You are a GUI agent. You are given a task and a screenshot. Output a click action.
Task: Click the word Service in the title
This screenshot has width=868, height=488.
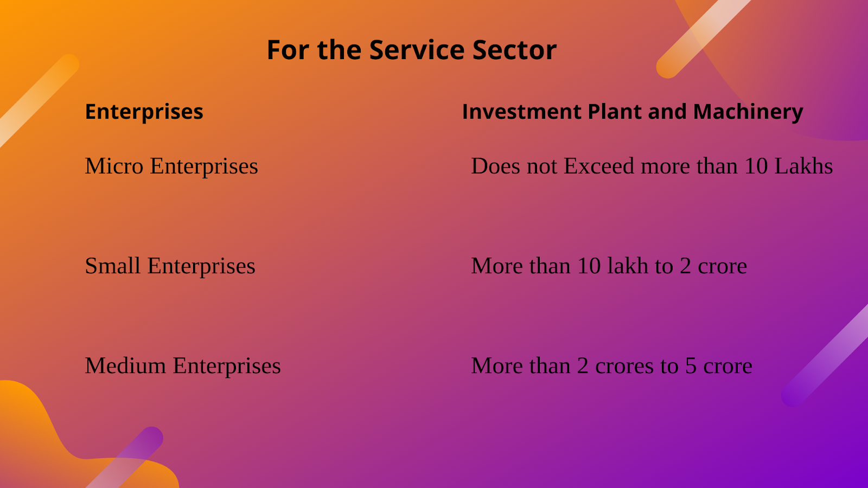(417, 50)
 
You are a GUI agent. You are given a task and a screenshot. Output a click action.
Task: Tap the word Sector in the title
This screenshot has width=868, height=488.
(515, 50)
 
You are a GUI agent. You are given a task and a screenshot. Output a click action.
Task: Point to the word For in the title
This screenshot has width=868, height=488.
(288, 50)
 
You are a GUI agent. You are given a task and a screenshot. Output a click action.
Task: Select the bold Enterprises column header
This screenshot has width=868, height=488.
(144, 112)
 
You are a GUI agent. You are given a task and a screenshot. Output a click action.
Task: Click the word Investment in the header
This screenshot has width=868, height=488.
(521, 112)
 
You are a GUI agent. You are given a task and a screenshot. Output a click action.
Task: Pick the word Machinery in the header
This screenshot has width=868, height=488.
(748, 112)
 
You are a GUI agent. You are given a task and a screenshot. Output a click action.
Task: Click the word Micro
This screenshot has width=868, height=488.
(114, 166)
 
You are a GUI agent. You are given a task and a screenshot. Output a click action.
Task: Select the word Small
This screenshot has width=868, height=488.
(112, 266)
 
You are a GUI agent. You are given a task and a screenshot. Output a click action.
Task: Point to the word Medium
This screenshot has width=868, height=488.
(125, 365)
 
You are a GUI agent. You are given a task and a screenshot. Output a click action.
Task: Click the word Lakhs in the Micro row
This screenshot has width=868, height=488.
(803, 166)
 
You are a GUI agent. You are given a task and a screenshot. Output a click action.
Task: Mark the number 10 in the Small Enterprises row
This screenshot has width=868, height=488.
(589, 266)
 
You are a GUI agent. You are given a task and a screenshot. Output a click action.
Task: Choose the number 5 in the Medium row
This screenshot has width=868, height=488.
(691, 366)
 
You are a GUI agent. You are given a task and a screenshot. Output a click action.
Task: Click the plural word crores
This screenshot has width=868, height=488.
(624, 367)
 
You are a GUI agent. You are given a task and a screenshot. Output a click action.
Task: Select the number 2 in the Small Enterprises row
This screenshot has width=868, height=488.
(686, 266)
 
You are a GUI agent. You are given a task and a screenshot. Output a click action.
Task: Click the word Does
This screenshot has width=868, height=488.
(495, 166)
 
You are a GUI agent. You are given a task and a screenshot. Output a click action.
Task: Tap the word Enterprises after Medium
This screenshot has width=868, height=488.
(227, 367)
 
